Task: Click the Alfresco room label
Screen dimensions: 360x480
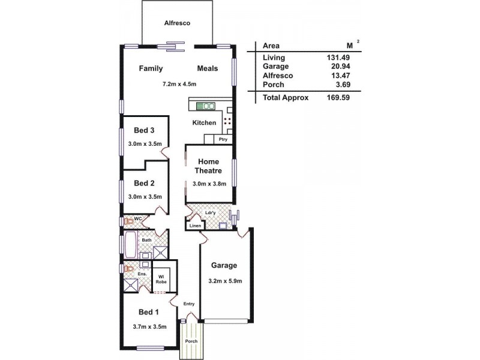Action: pos(177,23)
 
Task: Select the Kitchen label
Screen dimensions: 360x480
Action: pos(204,123)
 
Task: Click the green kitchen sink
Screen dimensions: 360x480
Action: pos(206,106)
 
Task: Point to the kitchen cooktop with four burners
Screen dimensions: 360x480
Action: pos(228,122)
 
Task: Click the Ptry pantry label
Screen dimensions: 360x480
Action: pos(223,139)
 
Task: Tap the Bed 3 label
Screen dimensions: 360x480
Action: pos(144,130)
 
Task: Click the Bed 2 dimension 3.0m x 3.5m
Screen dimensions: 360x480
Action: pos(145,196)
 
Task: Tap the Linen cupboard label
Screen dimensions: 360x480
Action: pos(196,225)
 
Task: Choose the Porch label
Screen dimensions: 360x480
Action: pos(191,341)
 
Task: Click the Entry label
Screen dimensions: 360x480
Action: pos(189,304)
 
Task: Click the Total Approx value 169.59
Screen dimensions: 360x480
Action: pos(337,97)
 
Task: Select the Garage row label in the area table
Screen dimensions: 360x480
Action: pos(275,67)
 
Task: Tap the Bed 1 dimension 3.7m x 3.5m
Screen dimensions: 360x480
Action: pos(149,326)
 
